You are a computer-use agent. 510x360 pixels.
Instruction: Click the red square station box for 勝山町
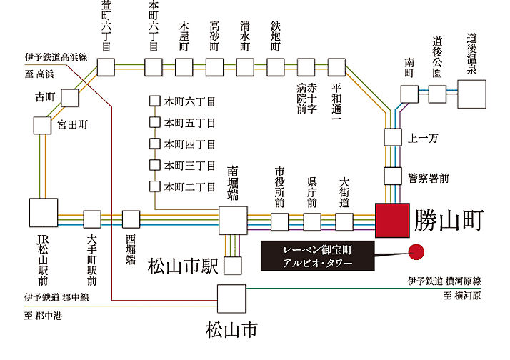(x=391, y=220)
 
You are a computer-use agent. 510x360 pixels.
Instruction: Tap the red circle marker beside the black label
(x=416, y=251)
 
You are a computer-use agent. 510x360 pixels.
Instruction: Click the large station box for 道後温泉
(x=471, y=93)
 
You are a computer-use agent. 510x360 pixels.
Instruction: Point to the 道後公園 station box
(x=438, y=93)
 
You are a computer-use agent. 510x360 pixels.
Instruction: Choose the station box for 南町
(x=409, y=94)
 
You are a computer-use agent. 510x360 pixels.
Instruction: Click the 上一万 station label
(x=421, y=136)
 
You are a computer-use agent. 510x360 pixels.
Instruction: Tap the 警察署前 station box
(x=394, y=175)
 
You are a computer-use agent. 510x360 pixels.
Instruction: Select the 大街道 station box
(x=344, y=221)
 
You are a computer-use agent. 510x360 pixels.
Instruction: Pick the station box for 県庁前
(x=312, y=221)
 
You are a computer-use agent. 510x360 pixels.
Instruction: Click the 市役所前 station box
(x=280, y=221)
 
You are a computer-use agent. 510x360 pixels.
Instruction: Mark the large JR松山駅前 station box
(x=43, y=214)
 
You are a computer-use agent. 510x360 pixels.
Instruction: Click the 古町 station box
(x=69, y=96)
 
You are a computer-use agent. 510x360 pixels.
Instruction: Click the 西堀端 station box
(x=131, y=219)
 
